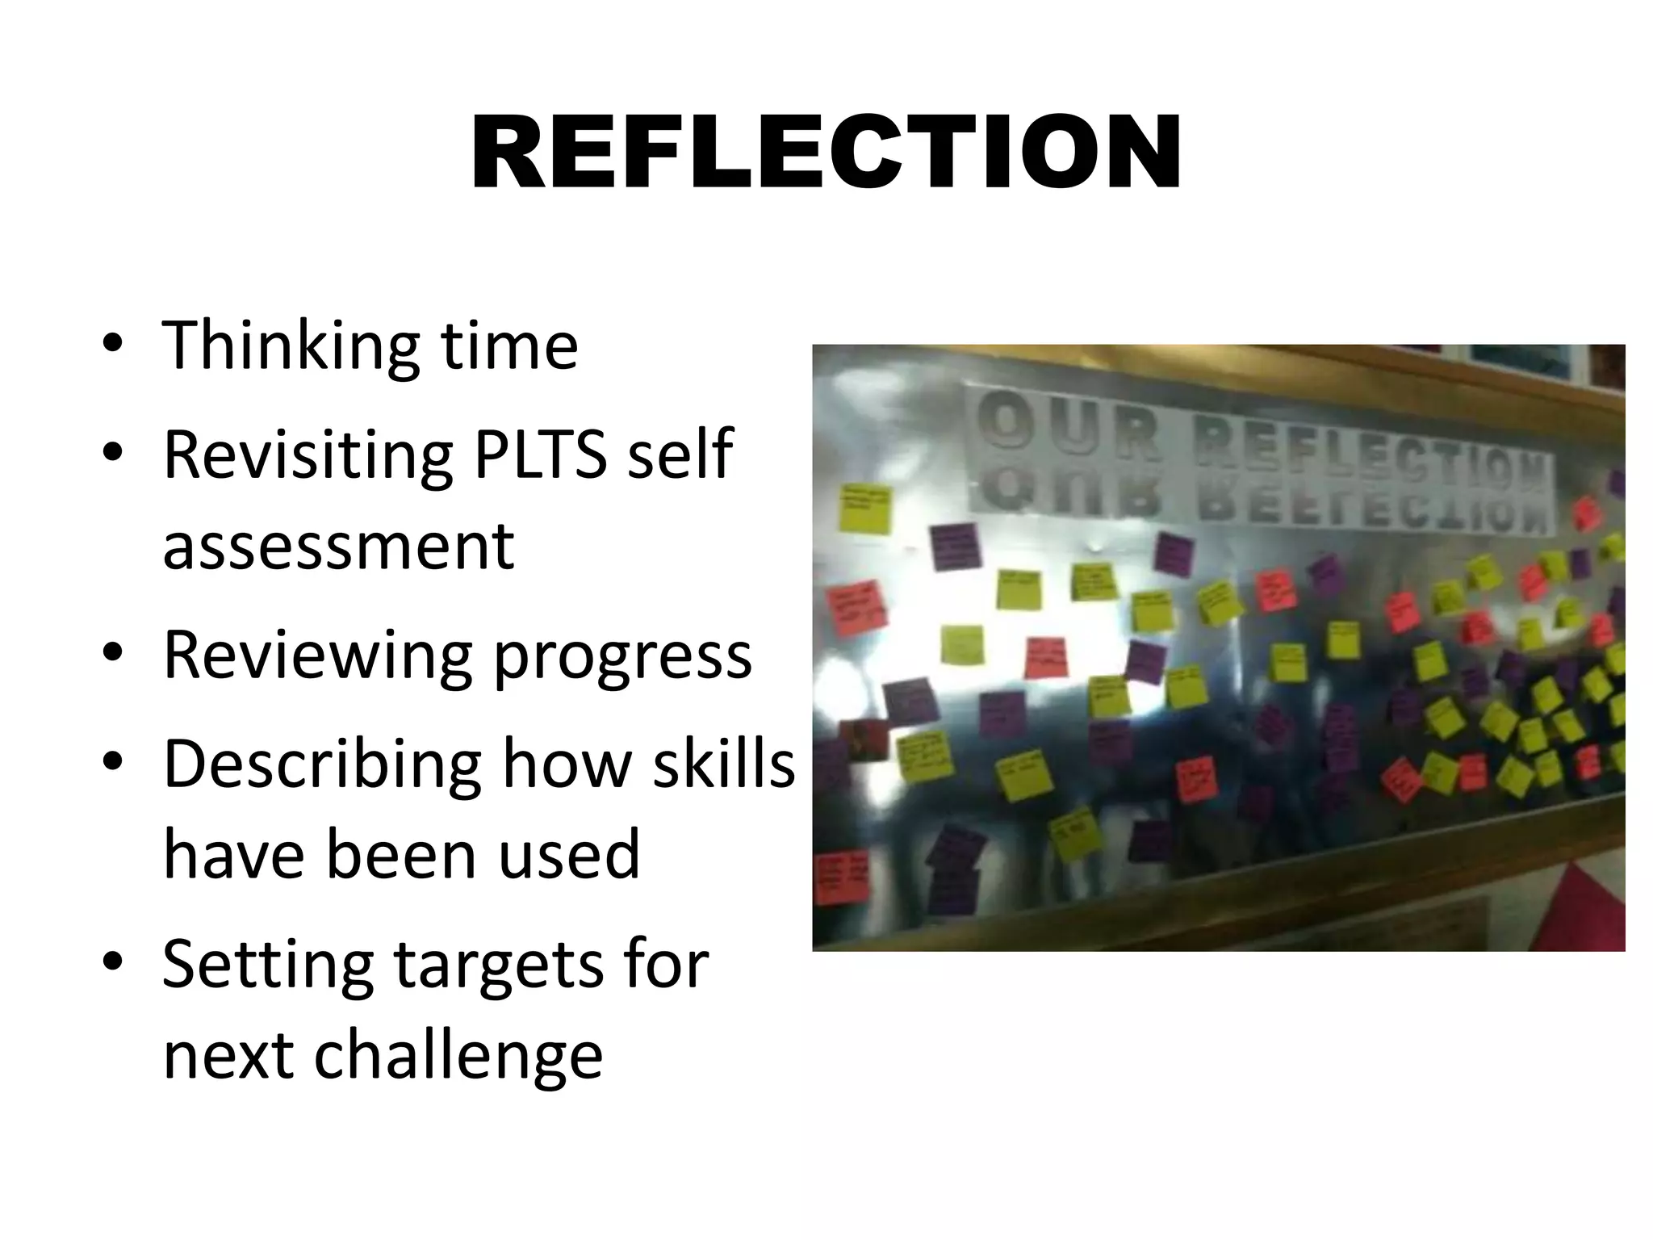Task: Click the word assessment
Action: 338,546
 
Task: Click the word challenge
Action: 458,1056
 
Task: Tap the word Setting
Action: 267,964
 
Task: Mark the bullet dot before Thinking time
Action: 113,346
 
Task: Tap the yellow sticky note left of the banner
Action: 866,509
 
